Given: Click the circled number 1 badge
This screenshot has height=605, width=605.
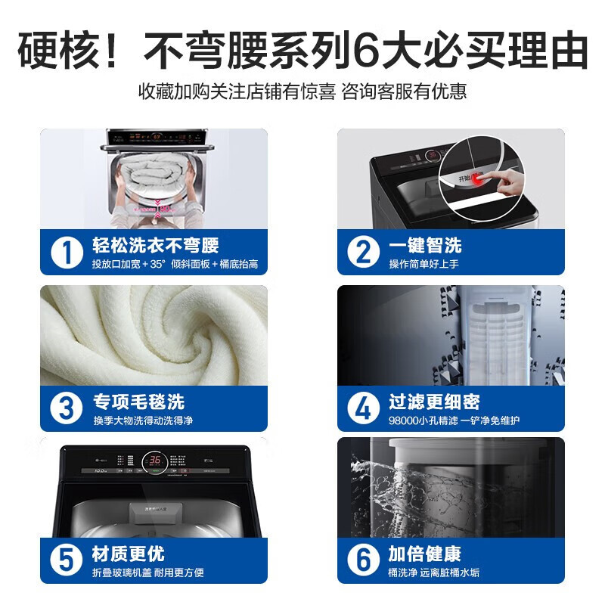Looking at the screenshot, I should pyautogui.click(x=67, y=252).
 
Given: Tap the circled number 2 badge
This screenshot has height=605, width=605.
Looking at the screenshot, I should pyautogui.click(x=364, y=252).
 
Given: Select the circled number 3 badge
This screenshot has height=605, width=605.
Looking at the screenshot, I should pyautogui.click(x=67, y=408).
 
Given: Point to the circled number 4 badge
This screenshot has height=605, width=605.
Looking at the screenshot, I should pyautogui.click(x=364, y=408).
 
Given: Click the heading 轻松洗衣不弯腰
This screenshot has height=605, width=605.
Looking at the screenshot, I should pyautogui.click(x=155, y=245).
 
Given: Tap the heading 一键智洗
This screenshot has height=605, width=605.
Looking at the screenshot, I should pyautogui.click(x=425, y=245).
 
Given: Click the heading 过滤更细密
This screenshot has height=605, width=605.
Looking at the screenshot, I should pyautogui.click(x=434, y=401).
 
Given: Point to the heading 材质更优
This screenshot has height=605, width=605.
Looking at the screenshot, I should pyautogui.click(x=129, y=554).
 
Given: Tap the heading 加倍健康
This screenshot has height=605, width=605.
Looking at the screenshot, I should pyautogui.click(x=425, y=554).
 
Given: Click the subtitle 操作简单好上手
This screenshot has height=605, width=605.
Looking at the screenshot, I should pyautogui.click(x=424, y=264).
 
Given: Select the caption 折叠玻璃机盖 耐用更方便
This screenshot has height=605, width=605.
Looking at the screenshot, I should pyautogui.click(x=148, y=573).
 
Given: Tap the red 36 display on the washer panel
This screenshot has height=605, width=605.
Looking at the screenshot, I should pyautogui.click(x=154, y=460).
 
